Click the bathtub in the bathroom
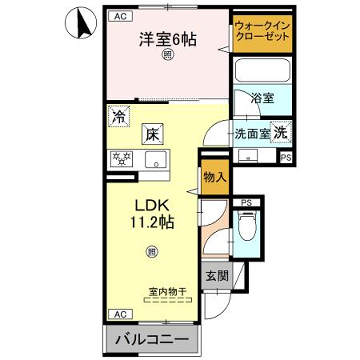point(260,72)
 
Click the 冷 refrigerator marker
point(119,115)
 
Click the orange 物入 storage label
point(213,177)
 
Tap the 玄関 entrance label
point(217,276)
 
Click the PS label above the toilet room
point(246,202)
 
